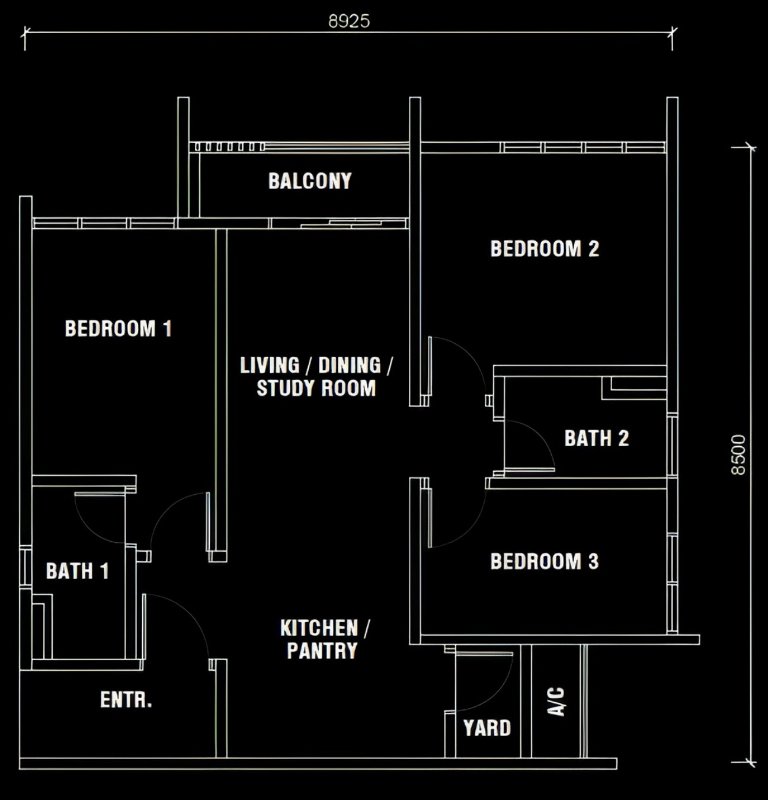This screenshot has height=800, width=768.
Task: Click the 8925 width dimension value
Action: point(349,21)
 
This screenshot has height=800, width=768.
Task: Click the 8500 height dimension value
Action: point(738,455)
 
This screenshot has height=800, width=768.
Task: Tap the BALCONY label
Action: point(310,181)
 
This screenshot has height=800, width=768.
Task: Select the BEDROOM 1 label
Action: point(118,328)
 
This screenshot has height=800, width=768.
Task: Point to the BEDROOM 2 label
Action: point(545,249)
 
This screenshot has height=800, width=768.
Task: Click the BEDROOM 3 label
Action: point(545,561)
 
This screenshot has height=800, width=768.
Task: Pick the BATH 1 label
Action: point(77,571)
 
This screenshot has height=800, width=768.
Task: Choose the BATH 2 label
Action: point(596,439)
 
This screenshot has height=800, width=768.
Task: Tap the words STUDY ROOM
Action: point(316,388)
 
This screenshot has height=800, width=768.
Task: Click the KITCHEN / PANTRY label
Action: point(324,639)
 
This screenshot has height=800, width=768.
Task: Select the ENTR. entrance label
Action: point(126,700)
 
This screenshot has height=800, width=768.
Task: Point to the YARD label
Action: point(487,728)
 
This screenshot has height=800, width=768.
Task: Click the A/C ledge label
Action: point(556,702)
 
